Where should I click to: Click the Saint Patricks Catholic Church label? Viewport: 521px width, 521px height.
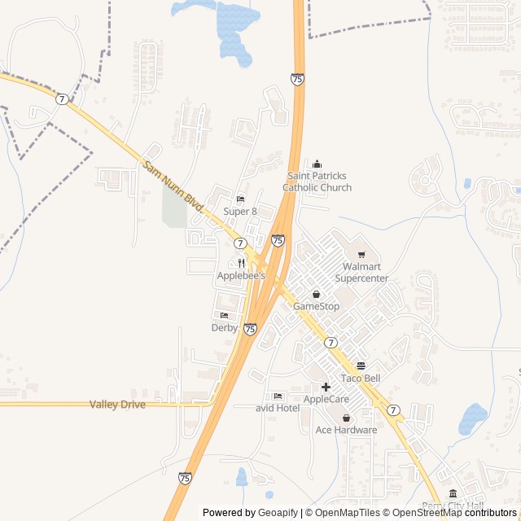pyautogui.click(x=317, y=182)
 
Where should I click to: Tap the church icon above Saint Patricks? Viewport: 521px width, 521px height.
pyautogui.click(x=317, y=164)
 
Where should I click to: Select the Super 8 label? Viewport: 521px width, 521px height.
pyautogui.click(x=240, y=212)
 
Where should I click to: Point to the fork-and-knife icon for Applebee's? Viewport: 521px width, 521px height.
pyautogui.click(x=241, y=263)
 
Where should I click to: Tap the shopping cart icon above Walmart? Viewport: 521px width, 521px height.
pyautogui.click(x=361, y=255)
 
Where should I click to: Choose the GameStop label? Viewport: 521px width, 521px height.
pyautogui.click(x=316, y=306)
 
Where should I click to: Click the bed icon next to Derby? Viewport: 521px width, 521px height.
pyautogui.click(x=224, y=315)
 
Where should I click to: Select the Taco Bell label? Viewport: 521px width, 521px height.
pyautogui.click(x=361, y=379)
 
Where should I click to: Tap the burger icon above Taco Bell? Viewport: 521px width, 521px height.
pyautogui.click(x=361, y=366)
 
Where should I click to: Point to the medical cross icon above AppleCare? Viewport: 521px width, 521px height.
pyautogui.click(x=326, y=387)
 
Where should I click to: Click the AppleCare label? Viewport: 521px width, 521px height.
pyautogui.click(x=326, y=400)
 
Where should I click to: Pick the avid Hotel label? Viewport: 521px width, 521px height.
pyautogui.click(x=278, y=408)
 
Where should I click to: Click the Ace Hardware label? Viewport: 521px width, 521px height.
pyautogui.click(x=346, y=430)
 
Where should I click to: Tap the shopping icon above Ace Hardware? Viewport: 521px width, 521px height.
pyautogui.click(x=346, y=418)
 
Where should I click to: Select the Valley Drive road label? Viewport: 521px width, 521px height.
pyautogui.click(x=117, y=405)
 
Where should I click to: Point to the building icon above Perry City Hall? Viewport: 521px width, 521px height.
pyautogui.click(x=453, y=493)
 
